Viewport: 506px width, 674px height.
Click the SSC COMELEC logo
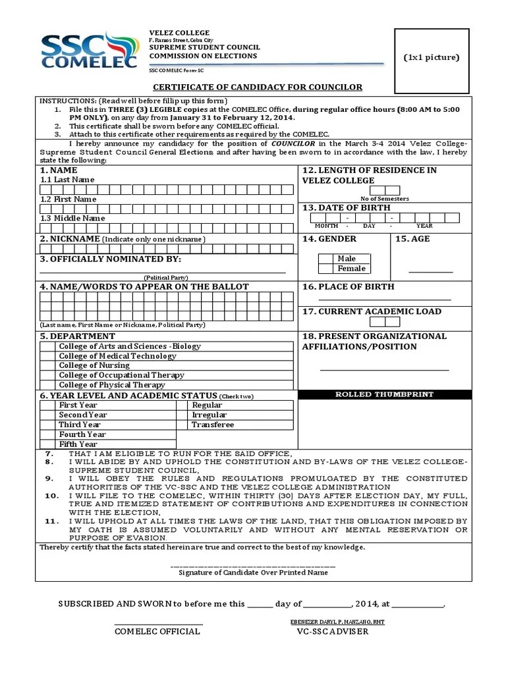click(89, 51)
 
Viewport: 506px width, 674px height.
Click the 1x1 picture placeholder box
click(431, 61)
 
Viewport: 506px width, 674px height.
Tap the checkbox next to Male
click(325, 259)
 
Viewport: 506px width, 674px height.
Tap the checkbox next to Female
click(325, 269)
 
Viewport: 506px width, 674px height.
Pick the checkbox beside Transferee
click(183, 425)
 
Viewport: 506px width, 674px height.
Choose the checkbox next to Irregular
click(183, 415)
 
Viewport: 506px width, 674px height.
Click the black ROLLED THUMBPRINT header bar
click(385, 394)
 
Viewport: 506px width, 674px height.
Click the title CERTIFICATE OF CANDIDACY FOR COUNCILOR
click(258, 88)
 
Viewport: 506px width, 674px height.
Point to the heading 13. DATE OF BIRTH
click(346, 207)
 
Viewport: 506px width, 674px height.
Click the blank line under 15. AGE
click(431, 271)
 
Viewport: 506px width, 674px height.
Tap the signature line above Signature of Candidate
click(253, 565)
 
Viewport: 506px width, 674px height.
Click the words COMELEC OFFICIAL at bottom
click(157, 632)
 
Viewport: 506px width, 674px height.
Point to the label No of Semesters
click(385, 198)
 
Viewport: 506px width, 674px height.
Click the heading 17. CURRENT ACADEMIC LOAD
click(372, 311)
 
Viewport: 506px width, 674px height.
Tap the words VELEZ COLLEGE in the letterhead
click(179, 33)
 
